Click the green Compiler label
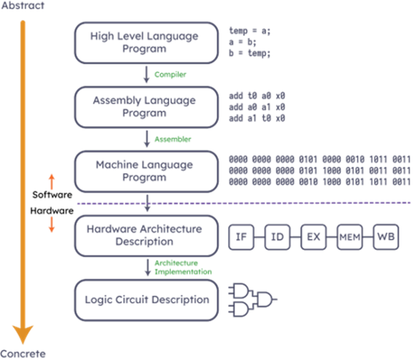(x=170, y=75)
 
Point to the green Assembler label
(x=172, y=139)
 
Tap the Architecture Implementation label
(x=183, y=267)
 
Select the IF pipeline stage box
(x=241, y=237)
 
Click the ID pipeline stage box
(x=278, y=237)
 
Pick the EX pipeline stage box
(x=313, y=237)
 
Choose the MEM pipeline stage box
(x=349, y=237)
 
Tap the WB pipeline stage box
(x=386, y=237)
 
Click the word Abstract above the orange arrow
(x=22, y=5)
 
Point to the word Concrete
(x=22, y=354)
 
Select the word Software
(x=52, y=195)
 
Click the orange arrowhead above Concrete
(x=22, y=335)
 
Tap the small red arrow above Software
(x=51, y=182)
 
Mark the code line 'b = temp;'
(x=249, y=54)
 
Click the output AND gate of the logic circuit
(x=265, y=300)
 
